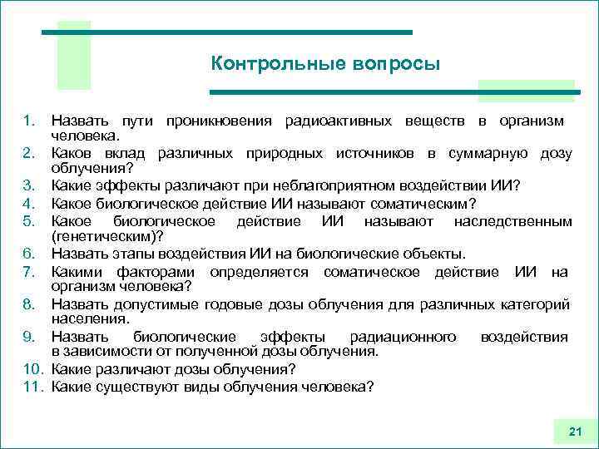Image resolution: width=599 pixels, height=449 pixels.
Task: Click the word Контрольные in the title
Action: (265, 64)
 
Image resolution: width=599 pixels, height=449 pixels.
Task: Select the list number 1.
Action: (28, 122)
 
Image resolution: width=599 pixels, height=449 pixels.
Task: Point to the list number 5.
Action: (28, 222)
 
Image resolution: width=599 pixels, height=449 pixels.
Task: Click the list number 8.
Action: (28, 305)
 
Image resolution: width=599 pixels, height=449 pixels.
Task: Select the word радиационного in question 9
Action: (403, 337)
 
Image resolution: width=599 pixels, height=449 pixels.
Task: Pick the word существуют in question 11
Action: (133, 386)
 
